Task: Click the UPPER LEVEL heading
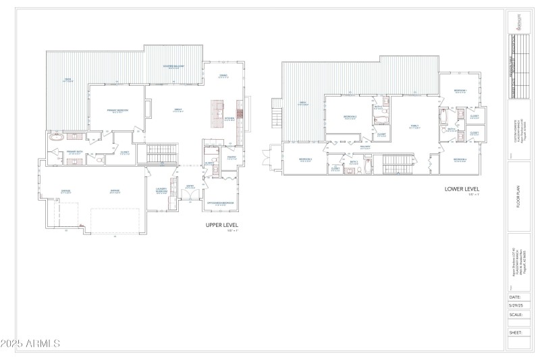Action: click(x=222, y=224)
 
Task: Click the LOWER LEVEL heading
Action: click(x=462, y=189)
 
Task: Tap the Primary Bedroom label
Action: click(x=117, y=110)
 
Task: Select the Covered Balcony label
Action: click(x=173, y=66)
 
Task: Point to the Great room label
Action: click(x=178, y=110)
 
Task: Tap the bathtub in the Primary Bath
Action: click(x=55, y=137)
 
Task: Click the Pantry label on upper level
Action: click(x=232, y=158)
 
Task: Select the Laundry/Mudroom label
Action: click(x=161, y=190)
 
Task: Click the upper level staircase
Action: click(x=161, y=150)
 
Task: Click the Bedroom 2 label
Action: click(x=350, y=117)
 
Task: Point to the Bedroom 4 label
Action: click(x=460, y=160)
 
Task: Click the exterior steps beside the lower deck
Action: click(x=275, y=115)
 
